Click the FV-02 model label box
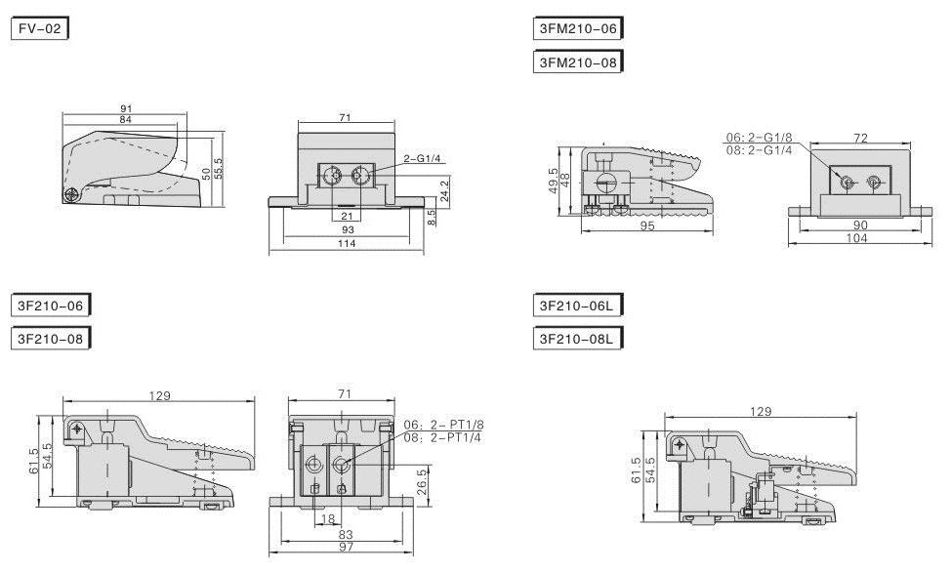pyautogui.click(x=40, y=28)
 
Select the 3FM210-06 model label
pyautogui.click(x=578, y=28)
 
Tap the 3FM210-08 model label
pyautogui.click(x=578, y=61)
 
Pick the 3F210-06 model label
pyautogui.click(x=51, y=306)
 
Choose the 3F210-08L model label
pyautogui.click(x=578, y=339)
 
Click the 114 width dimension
pyautogui.click(x=347, y=243)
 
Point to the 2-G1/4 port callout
pyautogui.click(x=422, y=159)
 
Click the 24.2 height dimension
pyautogui.click(x=444, y=190)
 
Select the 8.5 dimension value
pyautogui.click(x=432, y=218)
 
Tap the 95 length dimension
pyautogui.click(x=647, y=225)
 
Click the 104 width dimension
pyautogui.click(x=856, y=238)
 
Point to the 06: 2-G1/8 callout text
pyautogui.click(x=759, y=138)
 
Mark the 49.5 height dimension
pyautogui.click(x=553, y=181)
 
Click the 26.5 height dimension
pyautogui.click(x=422, y=482)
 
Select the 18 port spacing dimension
pyautogui.click(x=327, y=519)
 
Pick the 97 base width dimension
pyautogui.click(x=347, y=547)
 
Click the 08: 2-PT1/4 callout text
pyautogui.click(x=442, y=437)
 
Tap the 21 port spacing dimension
pyautogui.click(x=347, y=217)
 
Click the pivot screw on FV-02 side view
pyautogui.click(x=71, y=194)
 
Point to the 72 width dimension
pyautogui.click(x=860, y=139)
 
